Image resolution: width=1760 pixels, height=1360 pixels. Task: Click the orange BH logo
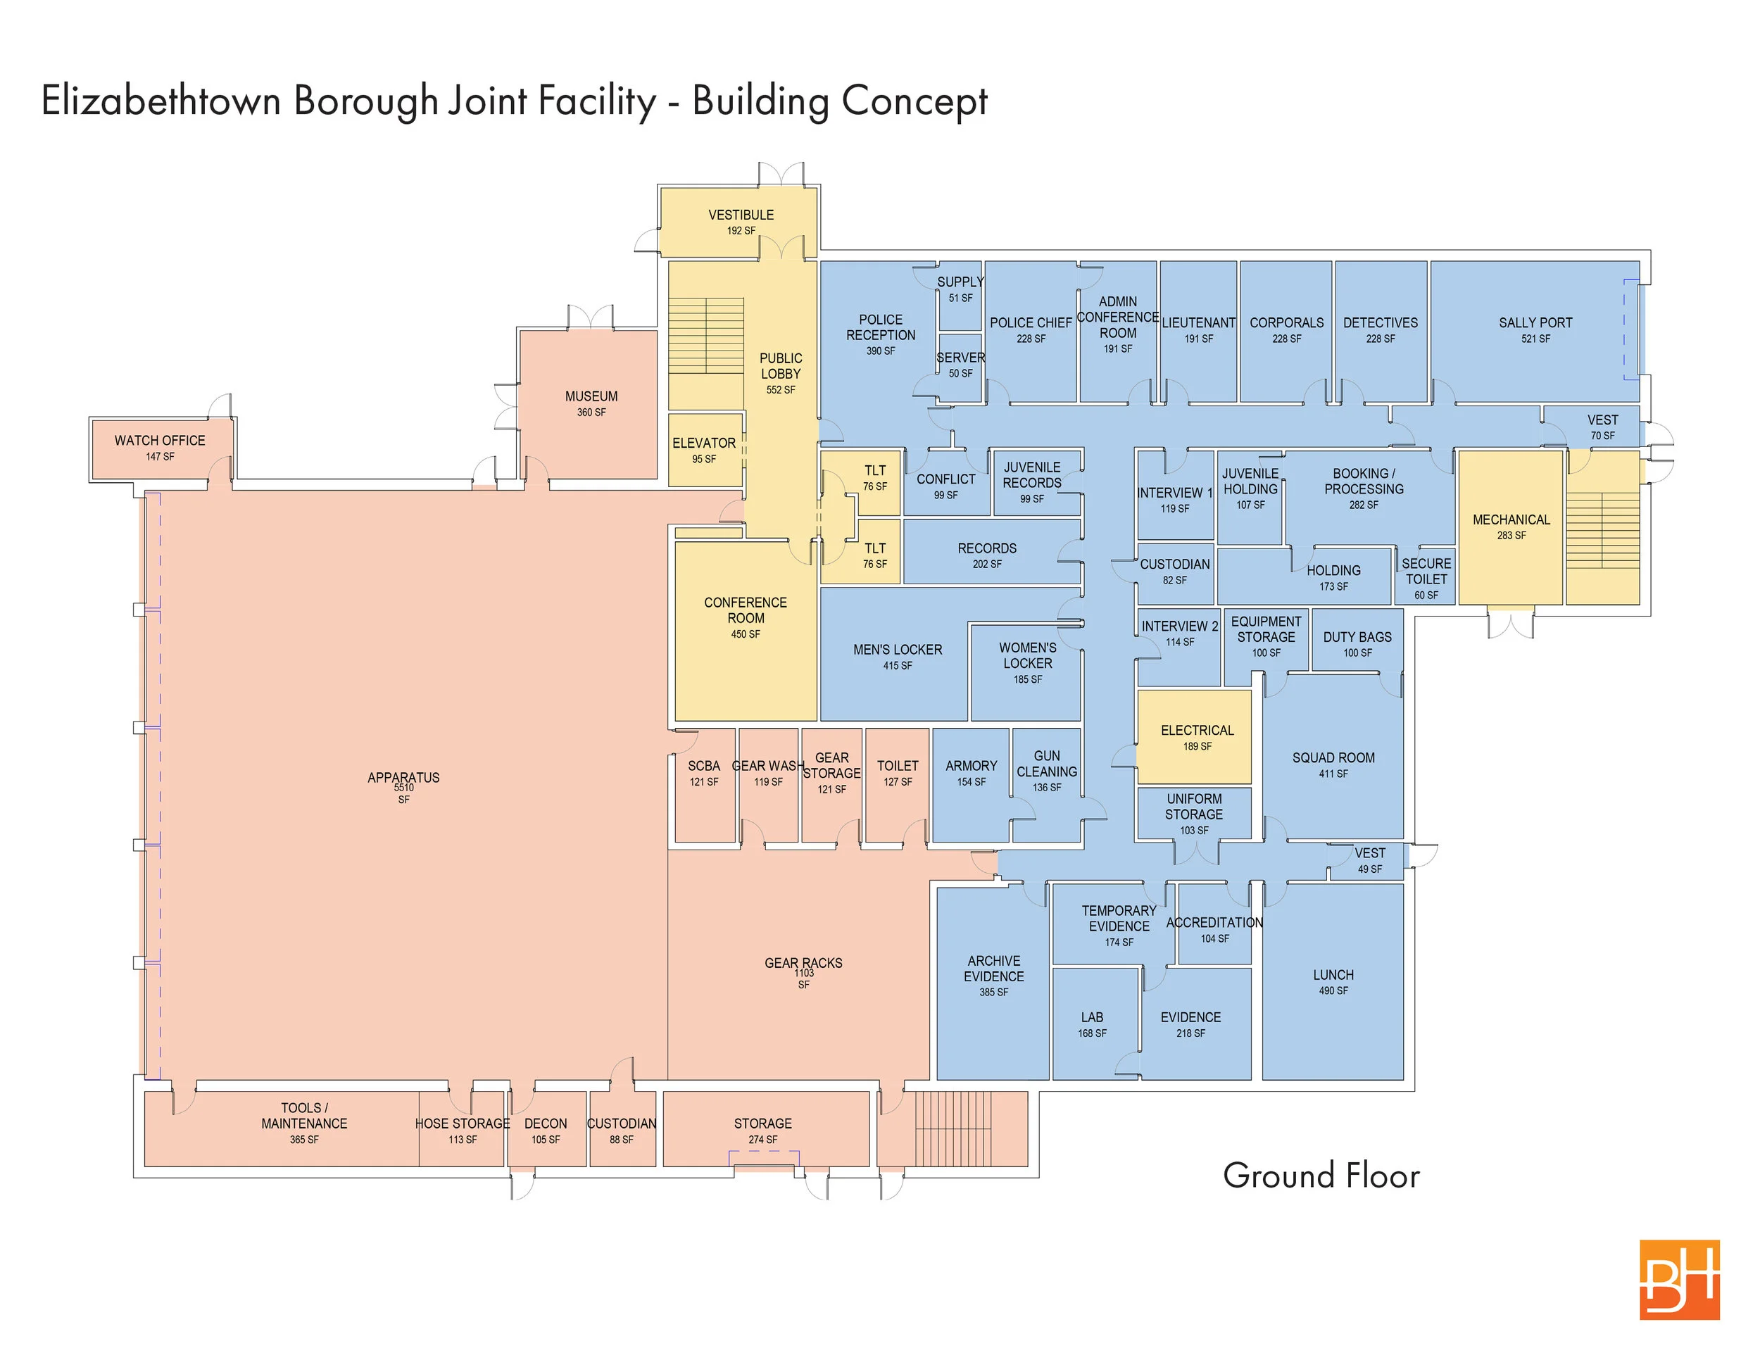tap(1680, 1280)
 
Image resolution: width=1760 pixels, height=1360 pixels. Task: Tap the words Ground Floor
tap(1321, 1176)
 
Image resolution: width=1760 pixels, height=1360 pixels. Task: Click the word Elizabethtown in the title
tap(161, 101)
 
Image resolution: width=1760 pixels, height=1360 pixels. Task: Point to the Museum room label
tap(591, 396)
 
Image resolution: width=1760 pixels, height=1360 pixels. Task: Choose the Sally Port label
tap(1535, 322)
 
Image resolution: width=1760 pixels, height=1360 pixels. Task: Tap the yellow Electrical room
tap(1194, 736)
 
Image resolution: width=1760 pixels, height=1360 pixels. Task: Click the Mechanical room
tap(1510, 527)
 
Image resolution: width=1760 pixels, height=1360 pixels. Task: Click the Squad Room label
tap(1333, 757)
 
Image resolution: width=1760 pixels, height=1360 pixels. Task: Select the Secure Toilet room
tap(1425, 577)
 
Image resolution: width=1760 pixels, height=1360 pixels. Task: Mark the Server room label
tap(960, 357)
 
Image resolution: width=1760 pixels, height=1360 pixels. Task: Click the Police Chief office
tap(1030, 330)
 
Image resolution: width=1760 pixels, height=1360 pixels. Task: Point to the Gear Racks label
tap(803, 963)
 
